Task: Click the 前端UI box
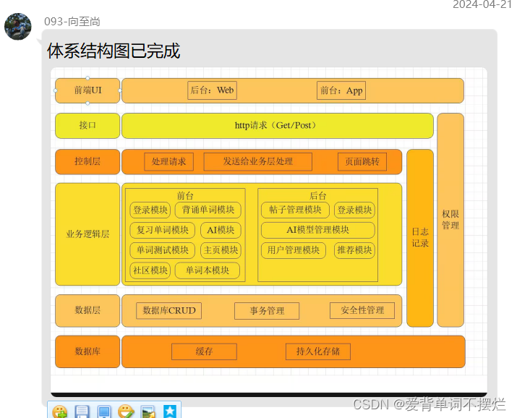(87, 90)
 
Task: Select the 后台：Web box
(212, 90)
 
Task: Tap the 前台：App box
(342, 90)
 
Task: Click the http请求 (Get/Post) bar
(277, 126)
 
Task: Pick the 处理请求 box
(168, 162)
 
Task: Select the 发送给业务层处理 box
(257, 162)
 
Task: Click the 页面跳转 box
(362, 162)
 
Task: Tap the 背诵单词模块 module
(208, 210)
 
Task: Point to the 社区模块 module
(150, 270)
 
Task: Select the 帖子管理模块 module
(295, 210)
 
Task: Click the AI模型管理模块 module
(318, 231)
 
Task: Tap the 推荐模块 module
(354, 250)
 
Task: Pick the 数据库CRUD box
(168, 311)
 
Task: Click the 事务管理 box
(267, 311)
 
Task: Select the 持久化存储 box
(318, 352)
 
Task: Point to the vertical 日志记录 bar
(420, 237)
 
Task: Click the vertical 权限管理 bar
(450, 220)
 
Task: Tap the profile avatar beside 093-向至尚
(18, 26)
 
